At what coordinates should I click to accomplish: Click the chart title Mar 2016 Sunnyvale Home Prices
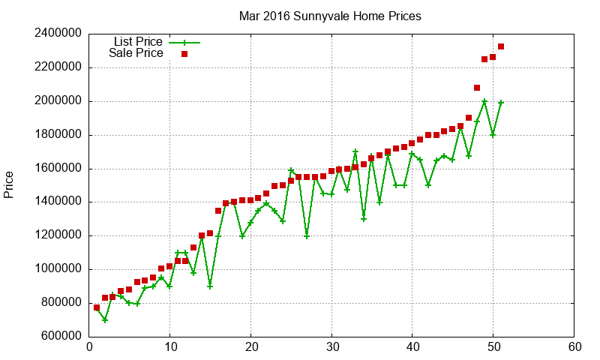[x=330, y=15]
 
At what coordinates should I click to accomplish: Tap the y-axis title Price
[x=9, y=184]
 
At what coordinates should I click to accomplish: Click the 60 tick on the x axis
[x=574, y=347]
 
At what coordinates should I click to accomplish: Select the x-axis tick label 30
[x=331, y=347]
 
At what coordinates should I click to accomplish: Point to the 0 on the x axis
[x=89, y=347]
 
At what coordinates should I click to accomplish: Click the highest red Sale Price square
[x=501, y=46]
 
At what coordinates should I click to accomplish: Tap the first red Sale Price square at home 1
[x=97, y=307]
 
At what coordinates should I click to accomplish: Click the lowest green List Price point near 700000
[x=105, y=320]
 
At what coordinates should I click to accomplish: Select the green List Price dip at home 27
[x=307, y=236]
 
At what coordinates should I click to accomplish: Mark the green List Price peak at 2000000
[x=484, y=101]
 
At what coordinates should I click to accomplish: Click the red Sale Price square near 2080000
[x=477, y=88]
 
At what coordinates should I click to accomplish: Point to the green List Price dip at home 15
[x=210, y=286]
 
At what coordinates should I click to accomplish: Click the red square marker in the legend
[x=184, y=54]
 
